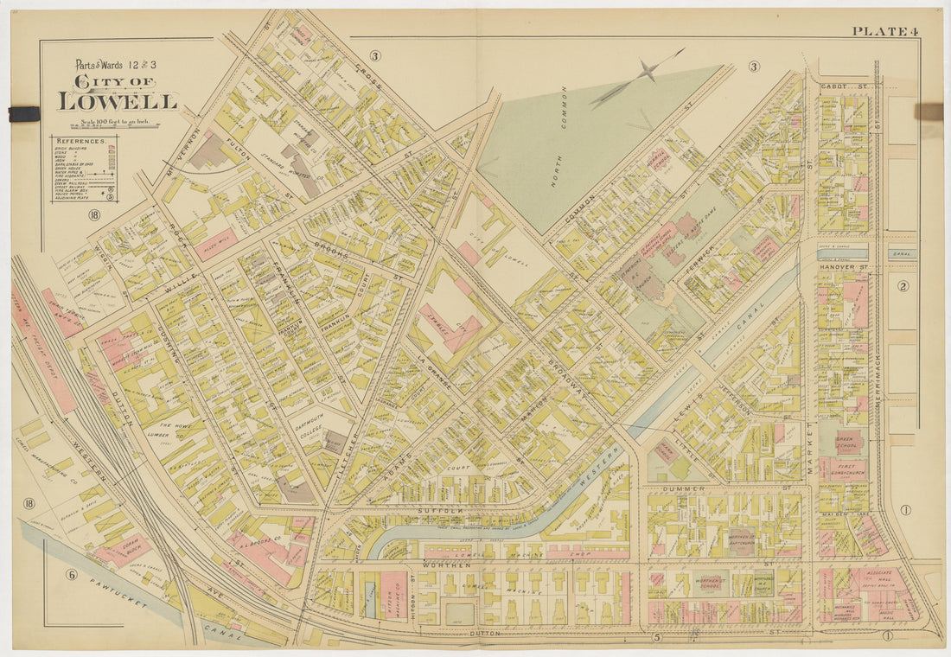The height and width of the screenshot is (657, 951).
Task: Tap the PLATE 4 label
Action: (x=884, y=32)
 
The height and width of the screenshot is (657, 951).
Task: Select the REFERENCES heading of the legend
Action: (x=82, y=140)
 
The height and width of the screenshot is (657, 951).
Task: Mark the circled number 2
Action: (x=903, y=286)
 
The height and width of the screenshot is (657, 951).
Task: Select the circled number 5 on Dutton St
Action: (x=657, y=638)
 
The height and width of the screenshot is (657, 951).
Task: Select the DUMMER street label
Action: (x=686, y=489)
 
